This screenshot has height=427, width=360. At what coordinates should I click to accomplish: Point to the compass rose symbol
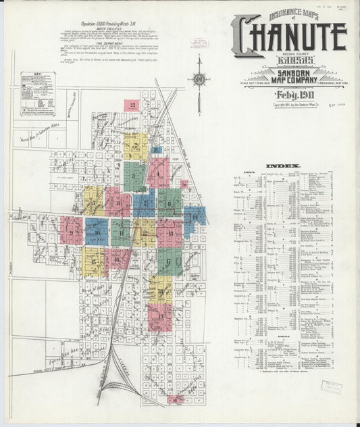point(199,80)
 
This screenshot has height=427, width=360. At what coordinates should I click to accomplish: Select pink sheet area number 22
point(133,105)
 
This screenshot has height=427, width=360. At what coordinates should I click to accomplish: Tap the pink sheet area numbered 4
point(158,173)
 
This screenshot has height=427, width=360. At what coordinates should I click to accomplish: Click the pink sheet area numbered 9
point(71,230)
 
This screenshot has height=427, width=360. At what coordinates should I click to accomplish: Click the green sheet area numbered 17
point(168,260)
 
